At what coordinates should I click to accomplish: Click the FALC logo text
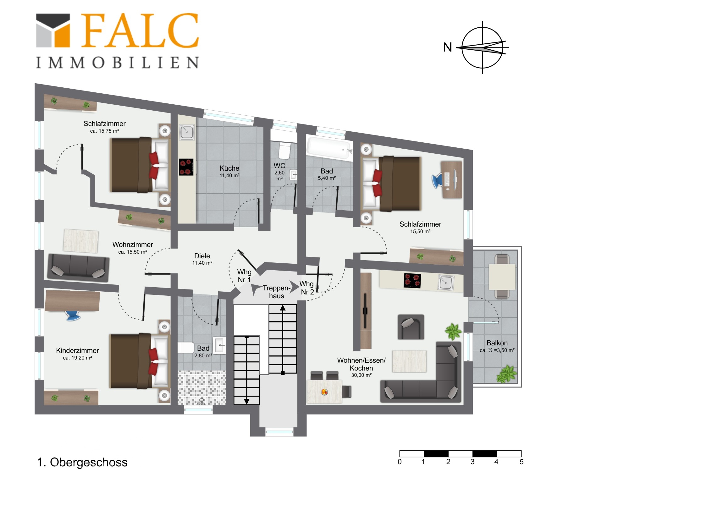[x=140, y=30]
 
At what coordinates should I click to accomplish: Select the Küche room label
[x=229, y=168]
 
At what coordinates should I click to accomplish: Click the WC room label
[x=279, y=166]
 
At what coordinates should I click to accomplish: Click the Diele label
[x=202, y=256]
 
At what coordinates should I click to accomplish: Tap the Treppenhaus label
[x=277, y=292]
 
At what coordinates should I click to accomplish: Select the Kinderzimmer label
[x=77, y=350]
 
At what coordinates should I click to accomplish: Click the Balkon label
[x=497, y=343]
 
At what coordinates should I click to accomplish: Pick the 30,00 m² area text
[x=361, y=375]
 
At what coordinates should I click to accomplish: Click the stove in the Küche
[x=186, y=167]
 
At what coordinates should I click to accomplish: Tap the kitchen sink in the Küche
[x=187, y=132]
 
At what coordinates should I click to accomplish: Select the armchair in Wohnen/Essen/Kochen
[x=411, y=327]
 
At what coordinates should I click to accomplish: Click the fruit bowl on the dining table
[x=324, y=392]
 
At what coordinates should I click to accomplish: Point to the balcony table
[x=502, y=277]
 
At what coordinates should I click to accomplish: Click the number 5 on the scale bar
[x=522, y=462]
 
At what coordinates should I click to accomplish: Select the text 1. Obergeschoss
[x=82, y=462]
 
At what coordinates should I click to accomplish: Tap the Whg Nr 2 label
[x=307, y=288]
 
